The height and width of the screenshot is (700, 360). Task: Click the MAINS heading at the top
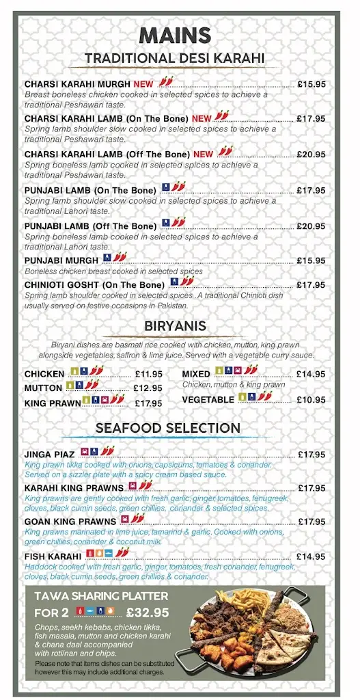click(174, 36)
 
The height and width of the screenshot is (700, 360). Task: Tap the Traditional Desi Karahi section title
click(174, 59)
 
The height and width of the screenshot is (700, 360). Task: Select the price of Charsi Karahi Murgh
click(311, 84)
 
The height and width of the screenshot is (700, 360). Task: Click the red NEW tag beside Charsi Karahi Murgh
click(143, 84)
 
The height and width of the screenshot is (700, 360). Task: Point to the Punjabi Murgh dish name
click(61, 260)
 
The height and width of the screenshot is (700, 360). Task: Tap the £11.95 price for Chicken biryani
click(148, 374)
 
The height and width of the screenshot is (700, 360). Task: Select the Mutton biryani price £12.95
click(148, 388)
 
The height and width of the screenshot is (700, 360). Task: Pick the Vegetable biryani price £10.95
click(311, 399)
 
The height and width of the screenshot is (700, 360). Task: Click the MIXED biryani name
click(196, 374)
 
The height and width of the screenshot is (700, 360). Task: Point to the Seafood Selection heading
click(168, 429)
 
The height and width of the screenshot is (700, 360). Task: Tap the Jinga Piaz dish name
click(50, 455)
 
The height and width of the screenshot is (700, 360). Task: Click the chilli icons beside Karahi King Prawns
click(146, 486)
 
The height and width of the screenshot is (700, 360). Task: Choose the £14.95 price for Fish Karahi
click(311, 556)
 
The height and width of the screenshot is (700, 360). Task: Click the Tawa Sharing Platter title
click(101, 597)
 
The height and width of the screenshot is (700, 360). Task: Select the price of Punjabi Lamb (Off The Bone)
click(311, 226)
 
